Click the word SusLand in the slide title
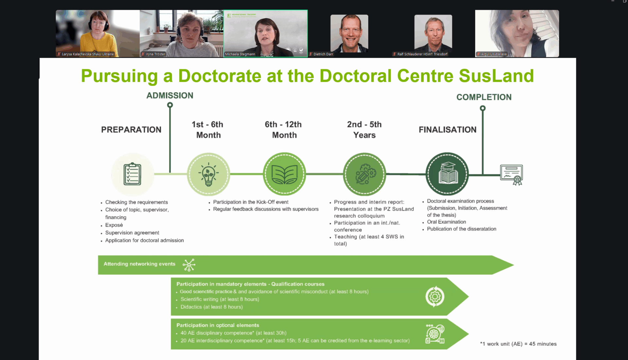[x=496, y=76]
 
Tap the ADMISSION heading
[x=170, y=95]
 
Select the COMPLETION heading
[x=484, y=97]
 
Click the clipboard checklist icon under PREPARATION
[x=132, y=174]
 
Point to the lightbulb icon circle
[x=208, y=174]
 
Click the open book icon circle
[x=285, y=174]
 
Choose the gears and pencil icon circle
[x=364, y=174]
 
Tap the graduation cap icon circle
[x=447, y=174]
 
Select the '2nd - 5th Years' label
[x=364, y=130]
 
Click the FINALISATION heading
[x=447, y=130]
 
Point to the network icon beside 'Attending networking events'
[x=189, y=265]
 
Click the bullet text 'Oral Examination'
[x=446, y=222]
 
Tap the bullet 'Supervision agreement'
[x=132, y=233]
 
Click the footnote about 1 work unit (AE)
[x=518, y=344]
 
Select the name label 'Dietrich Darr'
[x=323, y=54]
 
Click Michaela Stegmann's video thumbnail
[x=266, y=33]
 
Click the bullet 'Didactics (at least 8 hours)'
[x=212, y=307]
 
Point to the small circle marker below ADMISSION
[x=170, y=105]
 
